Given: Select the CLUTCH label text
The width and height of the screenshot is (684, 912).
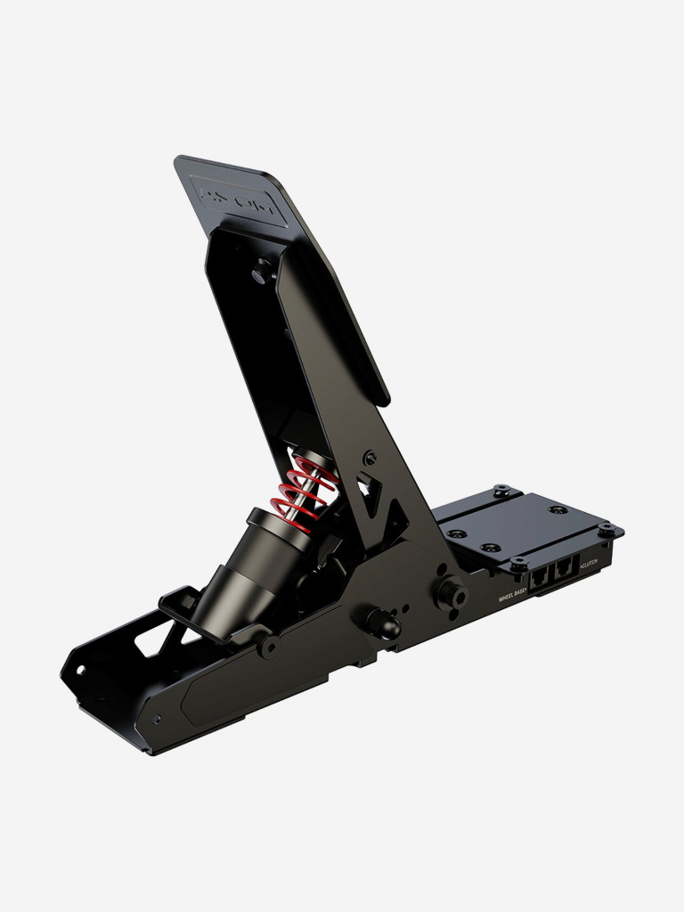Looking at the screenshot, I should [x=589, y=566].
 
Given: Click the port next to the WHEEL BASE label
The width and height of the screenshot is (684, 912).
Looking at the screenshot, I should [x=540, y=580].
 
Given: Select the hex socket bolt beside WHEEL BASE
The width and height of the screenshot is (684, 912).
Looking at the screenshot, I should [x=447, y=593].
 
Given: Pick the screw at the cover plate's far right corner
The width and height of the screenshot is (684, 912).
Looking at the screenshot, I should [x=607, y=531].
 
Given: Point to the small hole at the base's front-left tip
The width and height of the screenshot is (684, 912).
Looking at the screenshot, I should [x=80, y=669].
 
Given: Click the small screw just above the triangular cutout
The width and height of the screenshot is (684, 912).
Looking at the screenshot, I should [x=369, y=458].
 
